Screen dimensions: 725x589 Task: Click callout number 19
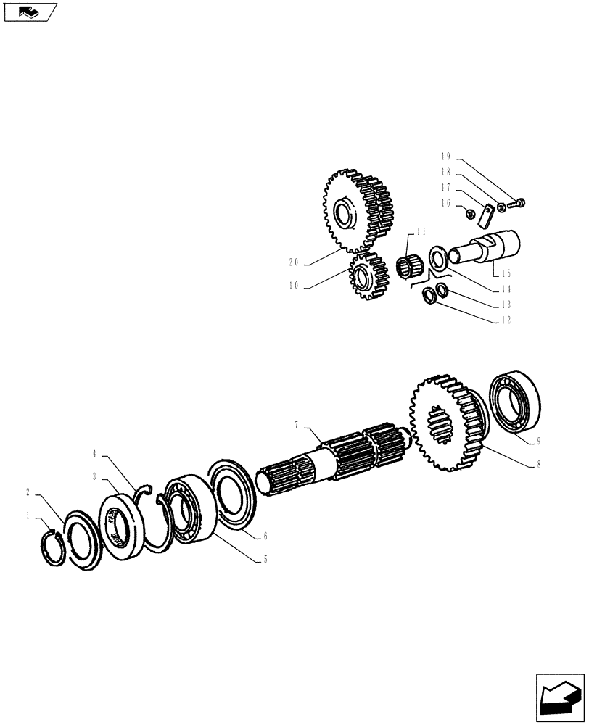(446, 156)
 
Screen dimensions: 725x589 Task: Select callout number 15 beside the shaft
(506, 273)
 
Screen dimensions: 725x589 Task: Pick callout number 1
(28, 516)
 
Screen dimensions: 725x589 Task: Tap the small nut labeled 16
(469, 212)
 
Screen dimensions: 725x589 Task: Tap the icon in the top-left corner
(30, 12)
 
